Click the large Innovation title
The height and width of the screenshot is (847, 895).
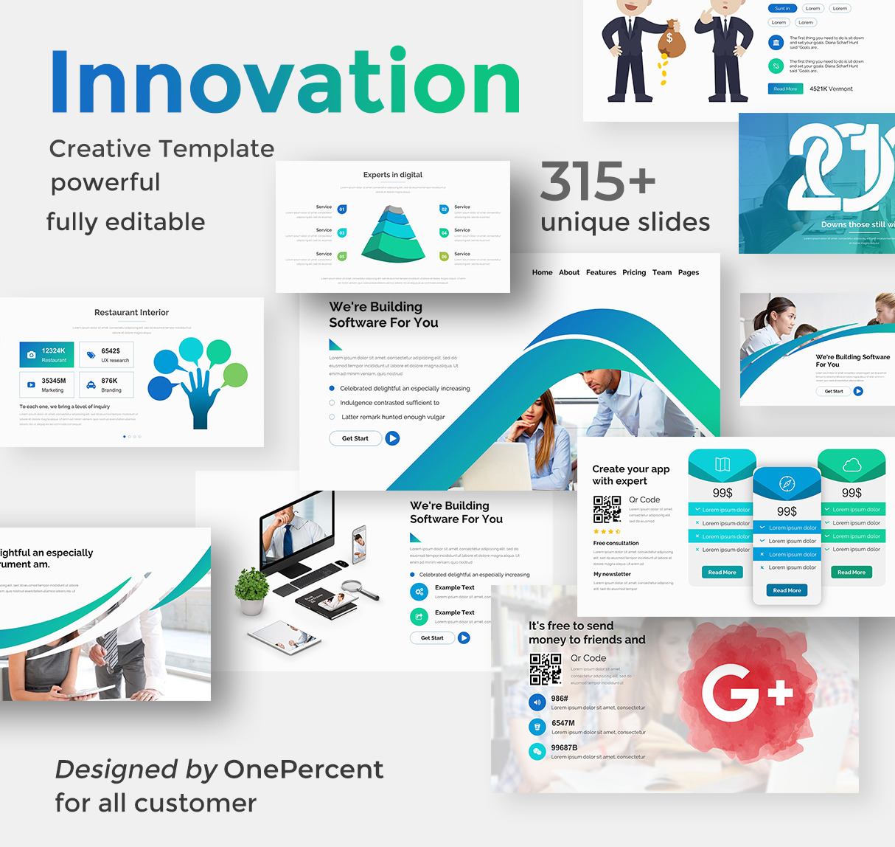pyautogui.click(x=285, y=82)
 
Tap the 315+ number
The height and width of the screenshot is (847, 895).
pyautogui.click(x=597, y=181)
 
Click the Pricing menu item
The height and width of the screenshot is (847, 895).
pyautogui.click(x=634, y=272)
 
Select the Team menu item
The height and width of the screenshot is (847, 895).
pyautogui.click(x=662, y=272)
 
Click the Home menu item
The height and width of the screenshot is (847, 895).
pyautogui.click(x=542, y=272)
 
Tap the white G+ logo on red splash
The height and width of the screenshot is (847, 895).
pyautogui.click(x=746, y=691)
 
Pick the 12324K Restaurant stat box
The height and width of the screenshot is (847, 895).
pyautogui.click(x=46, y=355)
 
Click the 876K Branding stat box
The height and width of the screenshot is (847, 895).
pyautogui.click(x=106, y=384)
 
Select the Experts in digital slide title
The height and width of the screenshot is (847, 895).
pyautogui.click(x=393, y=175)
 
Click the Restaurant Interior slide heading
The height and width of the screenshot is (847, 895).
pyautogui.click(x=131, y=312)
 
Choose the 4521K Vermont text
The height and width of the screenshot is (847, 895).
pyautogui.click(x=831, y=89)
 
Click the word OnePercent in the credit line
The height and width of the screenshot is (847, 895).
pyautogui.click(x=303, y=770)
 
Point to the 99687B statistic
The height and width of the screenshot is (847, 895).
pyautogui.click(x=564, y=747)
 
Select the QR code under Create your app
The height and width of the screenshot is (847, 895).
pyautogui.click(x=607, y=509)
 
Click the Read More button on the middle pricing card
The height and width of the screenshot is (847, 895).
pyautogui.click(x=787, y=590)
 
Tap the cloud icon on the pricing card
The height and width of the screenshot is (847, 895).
pyautogui.click(x=852, y=465)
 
